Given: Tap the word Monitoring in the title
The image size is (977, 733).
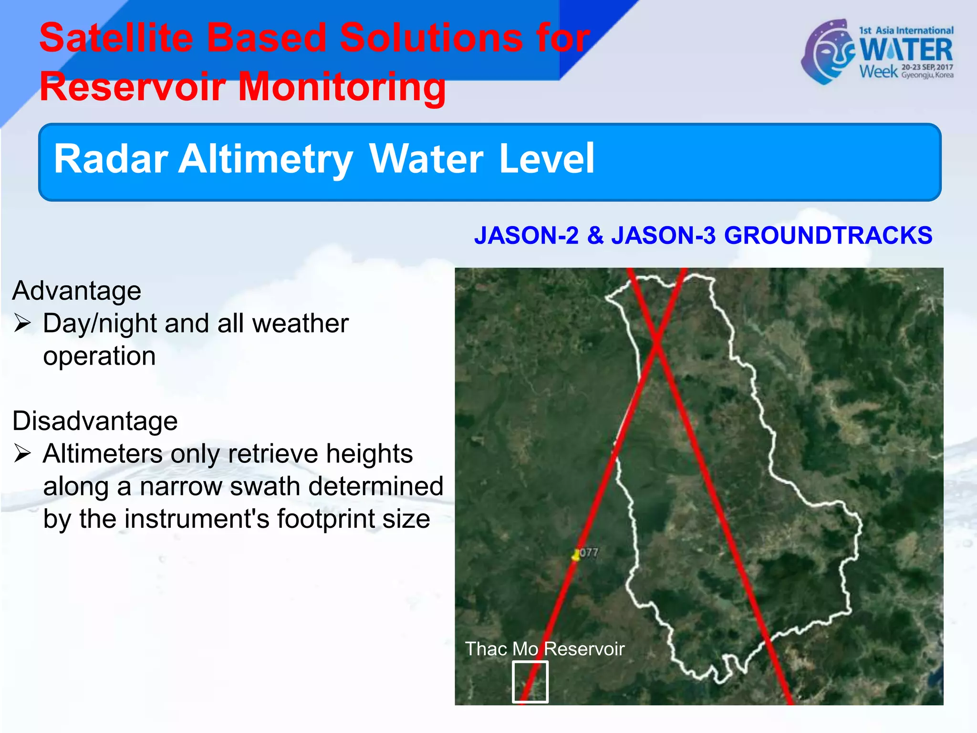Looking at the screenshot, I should click(342, 87).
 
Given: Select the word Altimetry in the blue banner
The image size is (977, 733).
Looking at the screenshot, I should click(265, 159).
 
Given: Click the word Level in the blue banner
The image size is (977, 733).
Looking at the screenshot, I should click(547, 158).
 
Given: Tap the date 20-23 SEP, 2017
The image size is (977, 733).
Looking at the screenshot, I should click(927, 67).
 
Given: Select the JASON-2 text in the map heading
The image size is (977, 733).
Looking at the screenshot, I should click(526, 236).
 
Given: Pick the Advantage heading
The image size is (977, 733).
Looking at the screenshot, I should click(77, 291).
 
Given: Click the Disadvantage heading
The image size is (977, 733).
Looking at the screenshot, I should click(95, 421).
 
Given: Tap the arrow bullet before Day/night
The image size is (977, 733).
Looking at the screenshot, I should click(22, 323).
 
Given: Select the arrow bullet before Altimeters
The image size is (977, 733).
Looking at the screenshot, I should click(22, 453).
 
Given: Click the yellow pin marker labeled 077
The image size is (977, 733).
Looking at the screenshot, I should click(576, 555).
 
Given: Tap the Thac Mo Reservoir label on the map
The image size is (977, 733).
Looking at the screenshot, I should click(544, 649).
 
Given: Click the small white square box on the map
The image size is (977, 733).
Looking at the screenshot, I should click(530, 681).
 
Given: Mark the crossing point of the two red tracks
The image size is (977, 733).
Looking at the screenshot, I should click(657, 339).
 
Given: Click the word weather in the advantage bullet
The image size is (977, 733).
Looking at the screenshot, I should click(301, 324).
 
